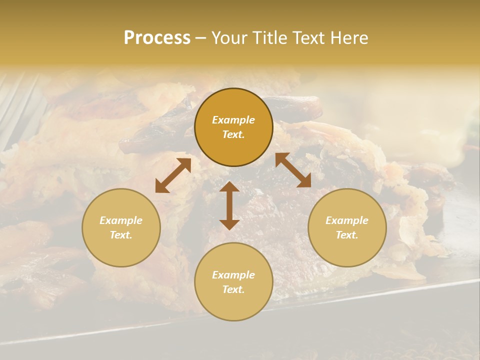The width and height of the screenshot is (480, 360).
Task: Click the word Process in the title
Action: coord(157,38)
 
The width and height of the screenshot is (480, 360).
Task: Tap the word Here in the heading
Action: coord(348,38)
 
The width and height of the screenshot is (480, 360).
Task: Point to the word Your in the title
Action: coord(228,38)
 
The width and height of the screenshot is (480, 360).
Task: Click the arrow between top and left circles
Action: coord(173,175)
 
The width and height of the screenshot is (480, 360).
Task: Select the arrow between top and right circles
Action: coord(293,170)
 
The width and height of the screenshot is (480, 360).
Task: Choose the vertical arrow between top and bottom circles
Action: coord(229,205)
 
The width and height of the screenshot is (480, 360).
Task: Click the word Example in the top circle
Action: coord(233,120)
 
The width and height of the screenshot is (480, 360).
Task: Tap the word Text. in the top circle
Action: coord(233,134)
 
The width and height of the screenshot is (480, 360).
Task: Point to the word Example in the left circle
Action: coord(121,220)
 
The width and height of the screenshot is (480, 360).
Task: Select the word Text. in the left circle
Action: coord(121,235)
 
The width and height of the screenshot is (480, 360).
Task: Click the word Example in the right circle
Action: coord(347,220)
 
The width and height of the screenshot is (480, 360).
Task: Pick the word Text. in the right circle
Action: coord(347,235)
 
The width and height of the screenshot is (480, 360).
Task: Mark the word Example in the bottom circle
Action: coord(233,275)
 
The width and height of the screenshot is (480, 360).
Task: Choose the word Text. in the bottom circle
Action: coord(233,289)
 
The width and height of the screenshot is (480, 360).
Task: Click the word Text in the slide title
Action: coord(307,38)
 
